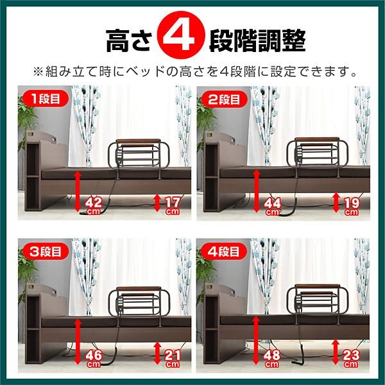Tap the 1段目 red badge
pyautogui.click(x=46, y=99)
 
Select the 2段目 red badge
pyautogui.click(x=224, y=99)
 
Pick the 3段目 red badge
pyautogui.click(x=46, y=252)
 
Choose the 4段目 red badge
pyautogui.click(x=224, y=252)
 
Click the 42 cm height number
pyautogui.click(x=94, y=206)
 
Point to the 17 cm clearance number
pyautogui.click(x=172, y=205)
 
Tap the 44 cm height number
pyautogui.click(x=272, y=207)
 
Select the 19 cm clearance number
pyautogui.click(x=352, y=207)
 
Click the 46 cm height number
pyautogui.click(x=94, y=359)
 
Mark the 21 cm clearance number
pyautogui.click(x=172, y=359)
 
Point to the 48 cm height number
pyautogui.click(x=272, y=359)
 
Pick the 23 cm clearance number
pyautogui.click(x=351, y=359)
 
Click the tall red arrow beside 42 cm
pyautogui.click(x=78, y=191)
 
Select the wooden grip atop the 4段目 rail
pyautogui.click(x=317, y=286)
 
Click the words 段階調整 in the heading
pyautogui.click(x=257, y=40)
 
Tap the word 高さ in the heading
pyautogui.click(x=128, y=40)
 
